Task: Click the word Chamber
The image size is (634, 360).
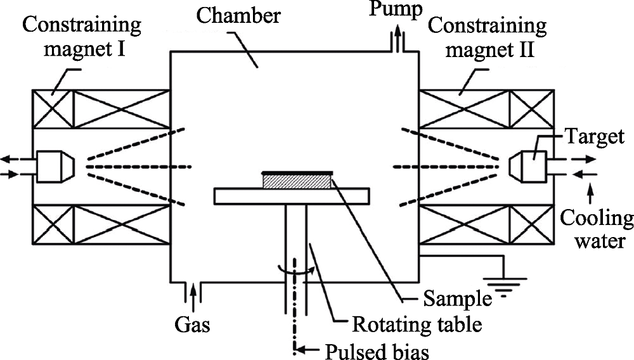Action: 238,16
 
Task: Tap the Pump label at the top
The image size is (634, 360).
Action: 396,9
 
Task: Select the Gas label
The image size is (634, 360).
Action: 193,324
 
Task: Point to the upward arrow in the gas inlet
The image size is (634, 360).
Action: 193,293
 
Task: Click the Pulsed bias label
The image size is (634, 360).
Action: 377,351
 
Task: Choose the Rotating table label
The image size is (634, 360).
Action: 417,324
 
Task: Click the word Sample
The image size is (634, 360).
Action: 457,299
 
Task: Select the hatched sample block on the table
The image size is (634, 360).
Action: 297,181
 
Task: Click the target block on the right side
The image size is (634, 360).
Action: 527,167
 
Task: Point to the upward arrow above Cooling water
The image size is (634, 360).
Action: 591,193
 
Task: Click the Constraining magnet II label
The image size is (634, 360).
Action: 488,37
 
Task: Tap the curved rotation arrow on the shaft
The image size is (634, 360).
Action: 295,270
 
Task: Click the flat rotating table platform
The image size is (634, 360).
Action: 292,196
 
